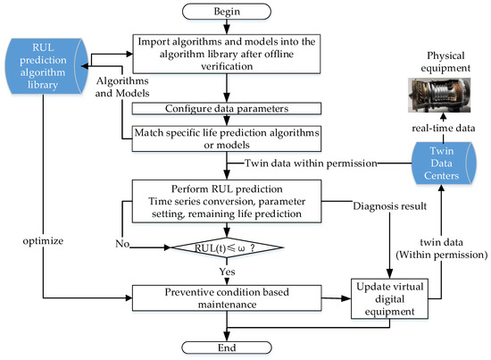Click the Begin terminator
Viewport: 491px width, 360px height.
(x=227, y=12)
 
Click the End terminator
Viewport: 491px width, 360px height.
(x=227, y=347)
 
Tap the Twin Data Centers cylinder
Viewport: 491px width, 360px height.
(x=444, y=163)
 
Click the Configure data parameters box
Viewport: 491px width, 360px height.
(x=227, y=108)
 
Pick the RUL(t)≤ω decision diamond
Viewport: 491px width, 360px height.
(x=227, y=247)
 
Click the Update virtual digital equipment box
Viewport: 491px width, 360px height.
(x=389, y=299)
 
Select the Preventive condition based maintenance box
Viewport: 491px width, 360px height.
(x=227, y=298)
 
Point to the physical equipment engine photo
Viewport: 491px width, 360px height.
(x=439, y=96)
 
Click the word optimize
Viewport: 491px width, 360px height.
(x=43, y=241)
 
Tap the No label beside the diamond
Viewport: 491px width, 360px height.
(x=122, y=244)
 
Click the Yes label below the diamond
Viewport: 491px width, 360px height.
(x=227, y=272)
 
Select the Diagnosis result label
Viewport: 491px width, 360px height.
(x=390, y=206)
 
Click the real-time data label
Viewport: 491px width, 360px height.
(x=444, y=128)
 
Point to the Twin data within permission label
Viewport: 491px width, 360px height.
(x=311, y=163)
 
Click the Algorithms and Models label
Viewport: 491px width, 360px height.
(x=122, y=87)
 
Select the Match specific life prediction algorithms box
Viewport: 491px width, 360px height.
(x=227, y=138)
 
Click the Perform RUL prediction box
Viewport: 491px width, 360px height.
(x=227, y=201)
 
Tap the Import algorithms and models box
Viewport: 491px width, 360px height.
(x=227, y=54)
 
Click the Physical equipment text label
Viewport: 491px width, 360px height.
(x=445, y=62)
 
